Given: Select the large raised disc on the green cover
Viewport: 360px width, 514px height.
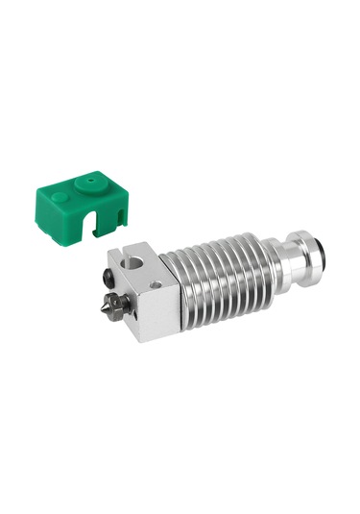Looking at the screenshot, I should [x=92, y=180].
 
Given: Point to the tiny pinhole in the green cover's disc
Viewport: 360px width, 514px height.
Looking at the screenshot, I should [x=94, y=178].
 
